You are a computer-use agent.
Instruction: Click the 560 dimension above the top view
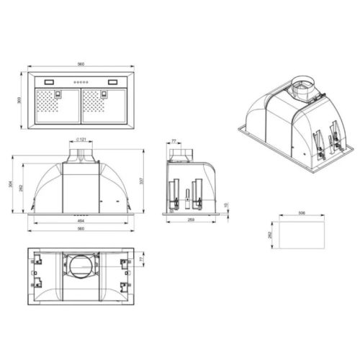(81, 64)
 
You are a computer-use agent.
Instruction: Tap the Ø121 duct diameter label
(80, 138)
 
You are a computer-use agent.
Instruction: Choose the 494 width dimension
(81, 221)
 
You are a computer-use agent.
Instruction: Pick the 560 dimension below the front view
(81, 229)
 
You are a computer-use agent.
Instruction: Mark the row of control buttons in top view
(81, 81)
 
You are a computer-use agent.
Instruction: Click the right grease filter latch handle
(107, 91)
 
